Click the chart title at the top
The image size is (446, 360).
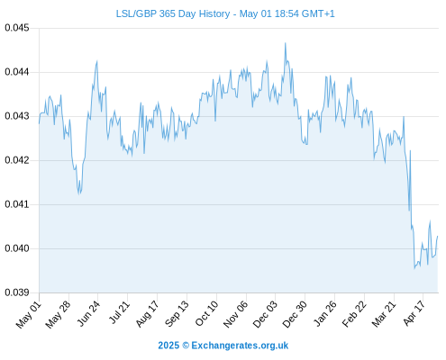(x=225, y=13)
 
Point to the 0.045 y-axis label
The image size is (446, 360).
(x=17, y=28)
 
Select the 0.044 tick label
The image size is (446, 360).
(x=17, y=72)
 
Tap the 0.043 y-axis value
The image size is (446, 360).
(x=17, y=116)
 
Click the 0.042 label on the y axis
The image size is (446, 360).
(x=17, y=160)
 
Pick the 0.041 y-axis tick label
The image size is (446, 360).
(x=17, y=204)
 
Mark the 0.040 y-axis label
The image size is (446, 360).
(x=17, y=248)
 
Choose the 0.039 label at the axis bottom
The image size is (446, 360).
(x=17, y=292)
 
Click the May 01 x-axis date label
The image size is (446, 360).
(x=29, y=314)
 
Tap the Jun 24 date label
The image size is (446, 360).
(x=88, y=313)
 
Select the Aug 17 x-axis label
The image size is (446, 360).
(x=147, y=314)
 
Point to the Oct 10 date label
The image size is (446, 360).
(x=206, y=313)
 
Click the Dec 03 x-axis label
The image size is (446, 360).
(x=265, y=314)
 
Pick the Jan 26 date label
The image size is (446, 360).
(x=324, y=313)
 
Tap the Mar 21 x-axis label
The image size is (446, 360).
(x=384, y=314)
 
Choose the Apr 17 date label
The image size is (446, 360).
(x=414, y=313)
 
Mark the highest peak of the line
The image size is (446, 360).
(x=286, y=43)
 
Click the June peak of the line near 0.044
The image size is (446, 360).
(x=96, y=61)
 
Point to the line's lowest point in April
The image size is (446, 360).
(x=414, y=268)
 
